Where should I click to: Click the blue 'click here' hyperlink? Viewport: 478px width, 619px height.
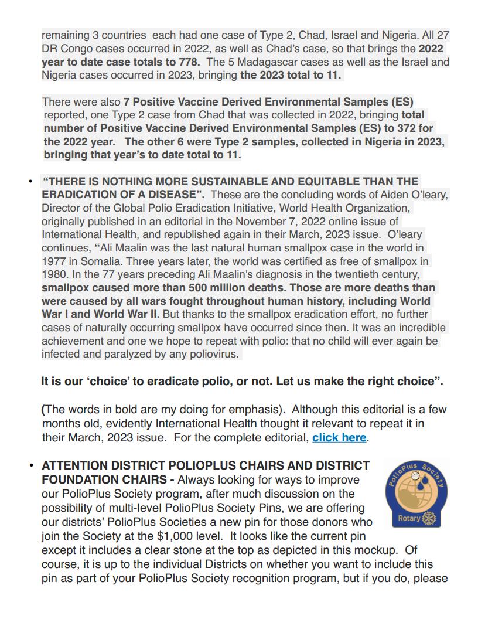pyautogui.click(x=339, y=437)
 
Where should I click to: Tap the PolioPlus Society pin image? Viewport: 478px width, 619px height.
pyautogui.click(x=414, y=494)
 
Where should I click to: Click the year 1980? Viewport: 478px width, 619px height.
pyautogui.click(x=53, y=274)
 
